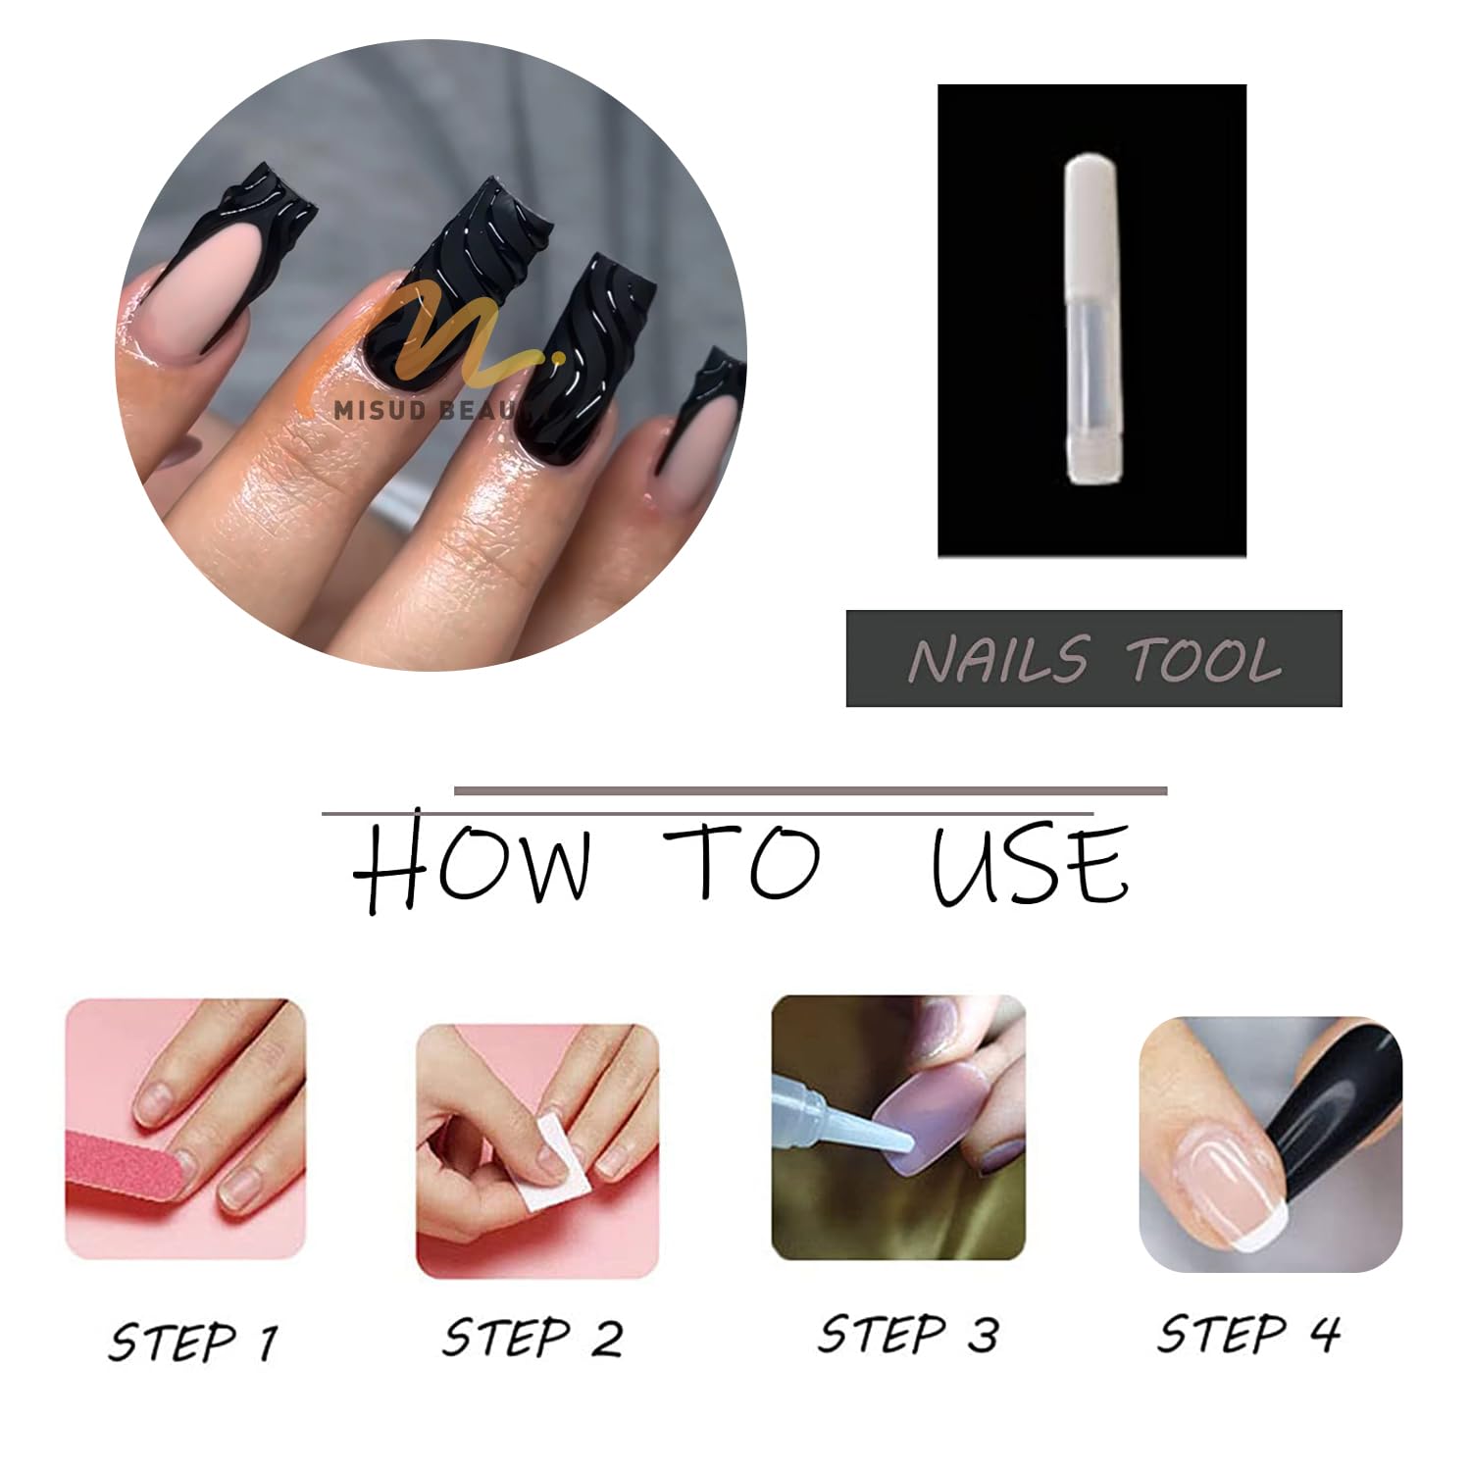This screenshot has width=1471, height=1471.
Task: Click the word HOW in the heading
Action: pyautogui.click(x=474, y=861)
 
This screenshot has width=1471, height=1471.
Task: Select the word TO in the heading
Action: pyautogui.click(x=741, y=862)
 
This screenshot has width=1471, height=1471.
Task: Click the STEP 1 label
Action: pyautogui.click(x=194, y=1342)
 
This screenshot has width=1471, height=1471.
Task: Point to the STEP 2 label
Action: pyautogui.click(x=533, y=1338)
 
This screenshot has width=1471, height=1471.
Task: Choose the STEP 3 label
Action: pyautogui.click(x=908, y=1334)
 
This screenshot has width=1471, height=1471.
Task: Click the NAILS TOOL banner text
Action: pyautogui.click(x=1094, y=659)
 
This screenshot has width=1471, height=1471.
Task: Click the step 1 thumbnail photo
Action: pyautogui.click(x=185, y=1129)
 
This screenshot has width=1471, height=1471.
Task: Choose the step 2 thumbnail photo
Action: pyautogui.click(x=537, y=1151)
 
